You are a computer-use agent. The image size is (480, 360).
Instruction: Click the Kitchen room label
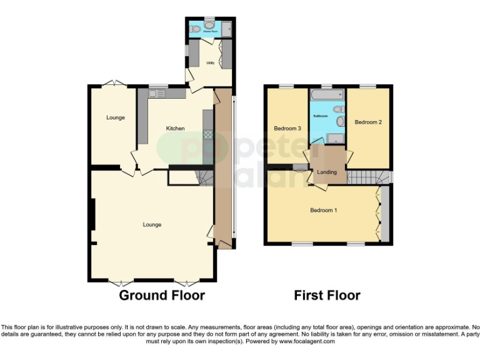coord(175,129)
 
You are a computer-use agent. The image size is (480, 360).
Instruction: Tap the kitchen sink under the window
coord(157,94)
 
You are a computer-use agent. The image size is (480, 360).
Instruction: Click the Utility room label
coord(210,62)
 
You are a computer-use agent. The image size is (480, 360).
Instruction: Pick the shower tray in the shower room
coord(227,28)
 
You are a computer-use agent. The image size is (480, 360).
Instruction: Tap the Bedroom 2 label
coord(368,122)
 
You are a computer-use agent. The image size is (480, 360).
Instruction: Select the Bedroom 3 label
coord(287,129)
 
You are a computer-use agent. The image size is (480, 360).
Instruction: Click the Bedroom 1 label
coord(324,211)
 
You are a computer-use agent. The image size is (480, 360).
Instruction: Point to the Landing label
coord(327,172)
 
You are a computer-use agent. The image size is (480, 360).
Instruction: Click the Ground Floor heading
coord(162,295)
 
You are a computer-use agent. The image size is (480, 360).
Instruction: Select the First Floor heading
coord(327,295)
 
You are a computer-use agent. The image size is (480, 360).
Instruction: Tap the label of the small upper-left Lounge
coord(115,117)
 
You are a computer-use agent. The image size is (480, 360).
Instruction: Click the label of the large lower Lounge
coord(152,225)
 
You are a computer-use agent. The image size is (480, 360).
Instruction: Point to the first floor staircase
coord(365,177)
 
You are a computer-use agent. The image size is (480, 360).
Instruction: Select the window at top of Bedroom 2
coord(367,86)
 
